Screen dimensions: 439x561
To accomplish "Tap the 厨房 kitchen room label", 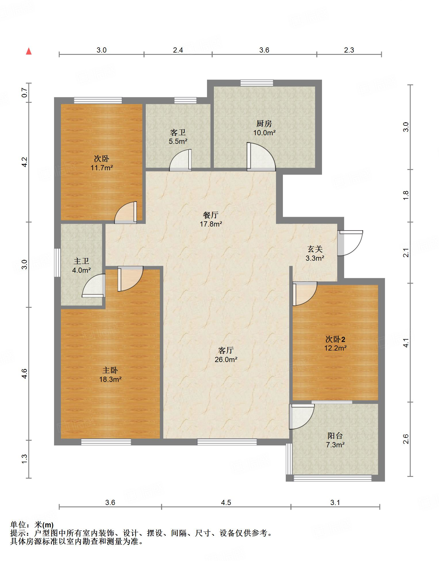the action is click(264, 124).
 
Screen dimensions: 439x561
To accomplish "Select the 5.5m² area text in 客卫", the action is click(178, 141).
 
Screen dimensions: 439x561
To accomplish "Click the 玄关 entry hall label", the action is click(315, 249).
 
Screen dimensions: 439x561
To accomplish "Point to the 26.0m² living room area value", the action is click(226, 359).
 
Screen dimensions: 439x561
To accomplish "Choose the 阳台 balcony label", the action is click(335, 436).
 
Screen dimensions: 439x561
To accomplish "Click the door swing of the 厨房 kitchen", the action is click(261, 156).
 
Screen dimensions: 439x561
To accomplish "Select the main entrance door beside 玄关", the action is click(350, 243).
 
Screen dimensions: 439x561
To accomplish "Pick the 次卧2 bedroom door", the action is click(305, 294).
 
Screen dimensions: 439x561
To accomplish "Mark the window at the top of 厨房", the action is click(257, 83).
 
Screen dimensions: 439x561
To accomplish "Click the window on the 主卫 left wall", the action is click(57, 263).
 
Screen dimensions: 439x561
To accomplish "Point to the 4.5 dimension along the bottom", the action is click(226, 502).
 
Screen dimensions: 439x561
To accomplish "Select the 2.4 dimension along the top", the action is click(178, 50).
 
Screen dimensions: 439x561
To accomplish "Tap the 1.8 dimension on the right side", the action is click(405, 196).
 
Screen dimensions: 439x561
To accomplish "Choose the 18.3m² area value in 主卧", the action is click(110, 379).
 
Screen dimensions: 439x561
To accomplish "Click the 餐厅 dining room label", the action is click(211, 215).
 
